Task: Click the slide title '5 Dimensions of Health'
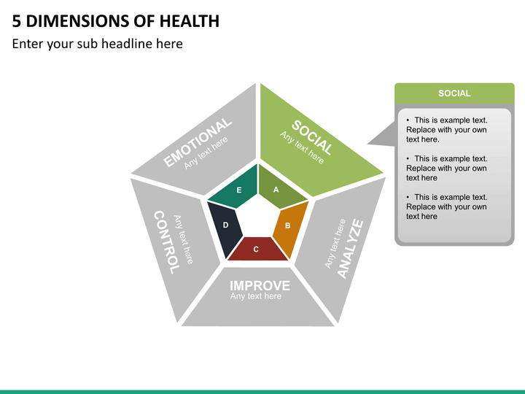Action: coord(116,20)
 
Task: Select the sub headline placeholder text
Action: coord(98,44)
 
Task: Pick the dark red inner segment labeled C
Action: coord(256,249)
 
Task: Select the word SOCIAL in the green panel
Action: coord(313,136)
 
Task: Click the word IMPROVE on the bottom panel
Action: coord(260,285)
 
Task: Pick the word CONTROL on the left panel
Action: coord(165,242)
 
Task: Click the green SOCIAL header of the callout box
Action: coord(454,93)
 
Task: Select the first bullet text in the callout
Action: coord(446,130)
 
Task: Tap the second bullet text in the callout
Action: coord(446,168)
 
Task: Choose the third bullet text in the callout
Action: coord(446,206)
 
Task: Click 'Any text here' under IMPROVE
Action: coord(255,296)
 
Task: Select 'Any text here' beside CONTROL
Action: coord(184,239)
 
